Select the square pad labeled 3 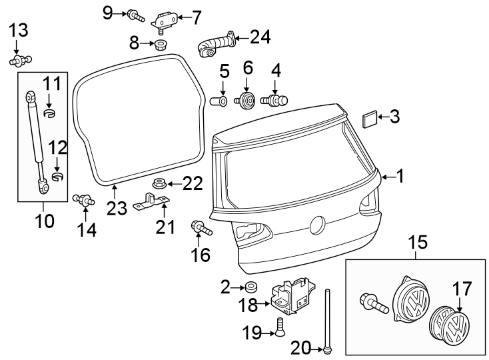tap(368, 119)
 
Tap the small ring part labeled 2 tap(251, 287)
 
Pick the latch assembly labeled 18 tap(290, 294)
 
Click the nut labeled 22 tap(159, 183)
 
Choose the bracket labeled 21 tap(151, 201)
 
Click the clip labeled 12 tap(57, 177)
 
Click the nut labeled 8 tap(160, 45)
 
